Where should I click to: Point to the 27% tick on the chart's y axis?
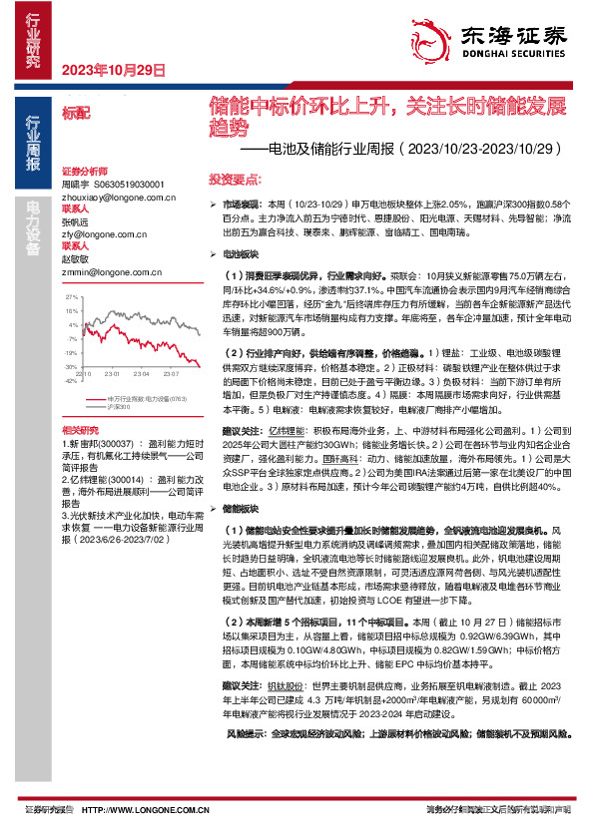click(72, 298)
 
